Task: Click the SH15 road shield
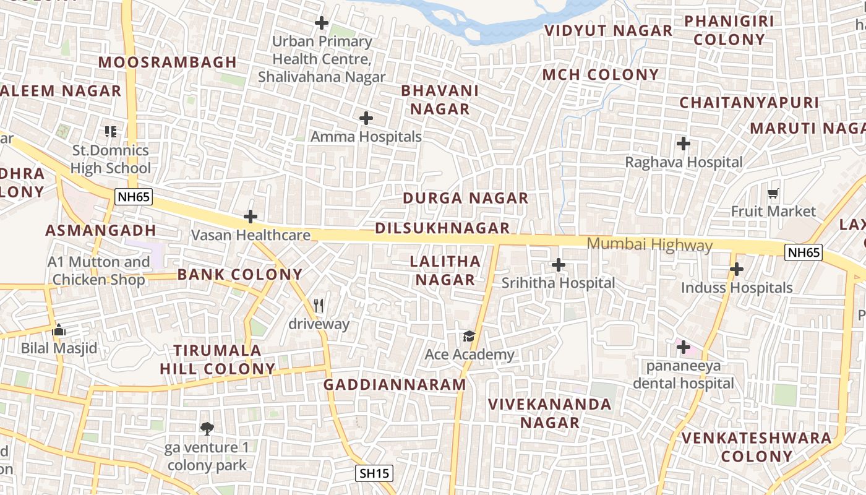click(375, 474)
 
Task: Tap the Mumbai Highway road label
click(649, 244)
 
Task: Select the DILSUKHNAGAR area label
click(442, 228)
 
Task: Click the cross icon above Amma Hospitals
click(366, 118)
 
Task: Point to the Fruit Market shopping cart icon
click(773, 194)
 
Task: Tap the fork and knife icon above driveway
click(319, 305)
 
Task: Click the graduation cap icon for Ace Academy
click(469, 336)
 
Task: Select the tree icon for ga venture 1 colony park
click(207, 428)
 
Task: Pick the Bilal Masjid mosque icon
click(59, 330)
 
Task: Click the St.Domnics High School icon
click(111, 131)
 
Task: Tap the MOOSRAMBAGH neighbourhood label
click(168, 62)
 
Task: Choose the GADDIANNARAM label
click(395, 384)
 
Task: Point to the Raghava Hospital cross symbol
click(684, 144)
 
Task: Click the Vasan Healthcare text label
click(251, 235)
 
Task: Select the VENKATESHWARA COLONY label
click(757, 447)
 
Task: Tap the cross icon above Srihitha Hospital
click(559, 265)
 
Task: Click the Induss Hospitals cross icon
click(736, 269)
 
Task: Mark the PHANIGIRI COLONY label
click(729, 30)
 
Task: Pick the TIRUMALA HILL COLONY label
click(218, 359)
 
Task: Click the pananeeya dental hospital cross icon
click(684, 347)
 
